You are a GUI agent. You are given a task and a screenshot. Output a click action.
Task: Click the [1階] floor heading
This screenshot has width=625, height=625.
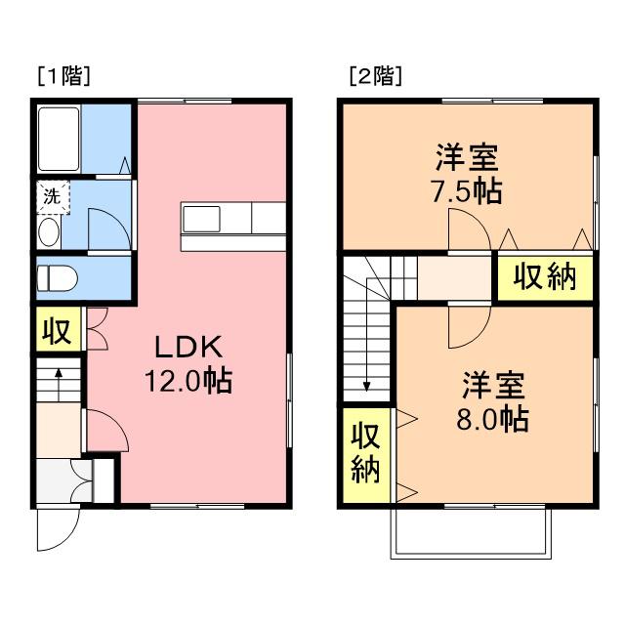pos(64,76)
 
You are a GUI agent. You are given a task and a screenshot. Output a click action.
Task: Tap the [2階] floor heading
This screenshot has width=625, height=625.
pos(375,76)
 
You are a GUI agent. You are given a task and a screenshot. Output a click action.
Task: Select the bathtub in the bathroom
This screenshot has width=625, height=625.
pos(59,139)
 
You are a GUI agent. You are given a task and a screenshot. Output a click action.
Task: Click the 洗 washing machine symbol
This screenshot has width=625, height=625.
pos(53,197)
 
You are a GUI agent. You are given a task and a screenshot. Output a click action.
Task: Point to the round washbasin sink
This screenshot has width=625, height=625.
pos(49,232)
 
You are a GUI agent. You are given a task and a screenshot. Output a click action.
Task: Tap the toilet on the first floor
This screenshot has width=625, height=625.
pos(57,278)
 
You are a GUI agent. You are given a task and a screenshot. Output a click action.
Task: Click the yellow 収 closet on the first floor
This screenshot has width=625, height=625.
pos(59,329)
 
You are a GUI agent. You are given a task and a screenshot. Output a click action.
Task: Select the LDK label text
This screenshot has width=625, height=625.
pos(188,347)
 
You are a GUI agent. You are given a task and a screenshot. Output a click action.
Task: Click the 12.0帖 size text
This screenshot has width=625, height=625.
pos(188,381)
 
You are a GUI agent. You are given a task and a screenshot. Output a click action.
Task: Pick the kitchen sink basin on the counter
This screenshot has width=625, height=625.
pos(201,219)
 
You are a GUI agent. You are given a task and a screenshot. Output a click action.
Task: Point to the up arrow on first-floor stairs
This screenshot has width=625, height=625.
pos(59,385)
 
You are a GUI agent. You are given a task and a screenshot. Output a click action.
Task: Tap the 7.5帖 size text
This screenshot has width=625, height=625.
pos(467,191)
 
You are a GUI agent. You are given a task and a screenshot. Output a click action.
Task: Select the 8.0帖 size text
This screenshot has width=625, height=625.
pos(492,419)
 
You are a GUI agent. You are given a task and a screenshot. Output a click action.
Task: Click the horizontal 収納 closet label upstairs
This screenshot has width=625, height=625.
pos(545,277)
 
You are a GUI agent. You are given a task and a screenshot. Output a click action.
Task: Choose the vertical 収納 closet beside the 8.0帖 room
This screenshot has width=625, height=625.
pos(366,455)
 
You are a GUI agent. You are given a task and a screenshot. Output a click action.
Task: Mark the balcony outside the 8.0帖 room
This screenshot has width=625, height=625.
pos(471,534)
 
